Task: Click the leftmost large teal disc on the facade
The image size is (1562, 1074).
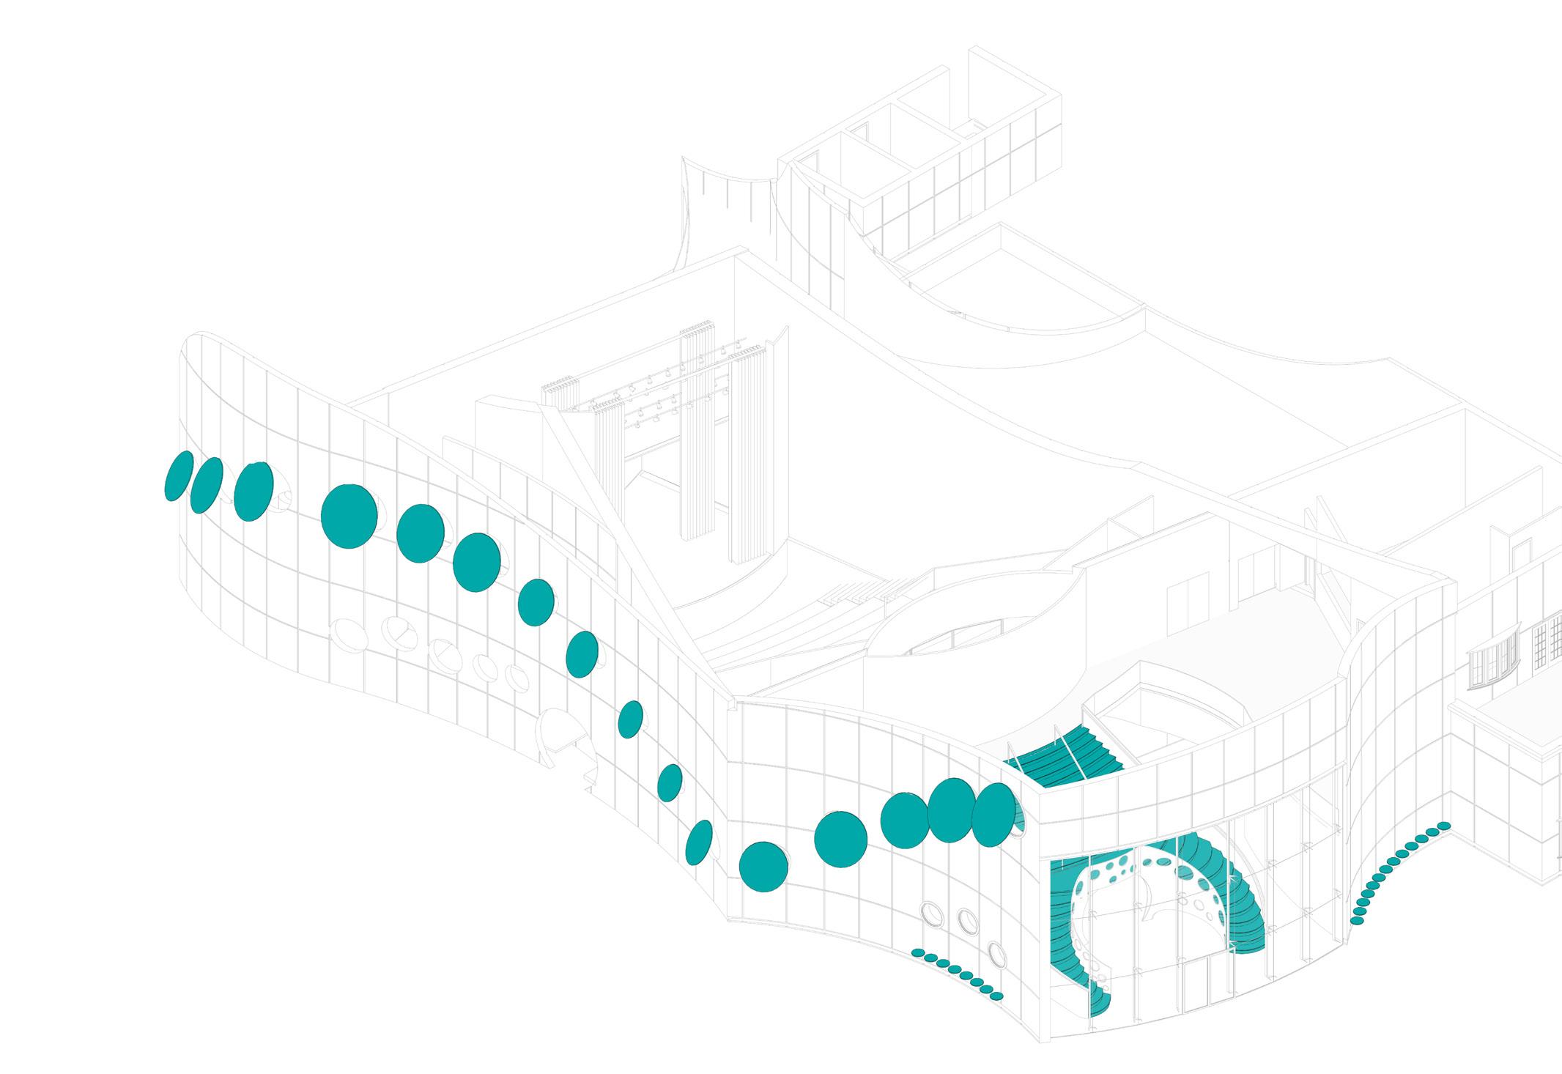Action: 179,476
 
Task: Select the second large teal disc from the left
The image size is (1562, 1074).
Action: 207,485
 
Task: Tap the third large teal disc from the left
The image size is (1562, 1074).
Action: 253,491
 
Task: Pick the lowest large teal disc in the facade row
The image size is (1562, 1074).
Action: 763,867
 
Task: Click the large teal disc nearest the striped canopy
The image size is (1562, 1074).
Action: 993,814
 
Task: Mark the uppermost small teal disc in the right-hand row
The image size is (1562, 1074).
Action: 1443,826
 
